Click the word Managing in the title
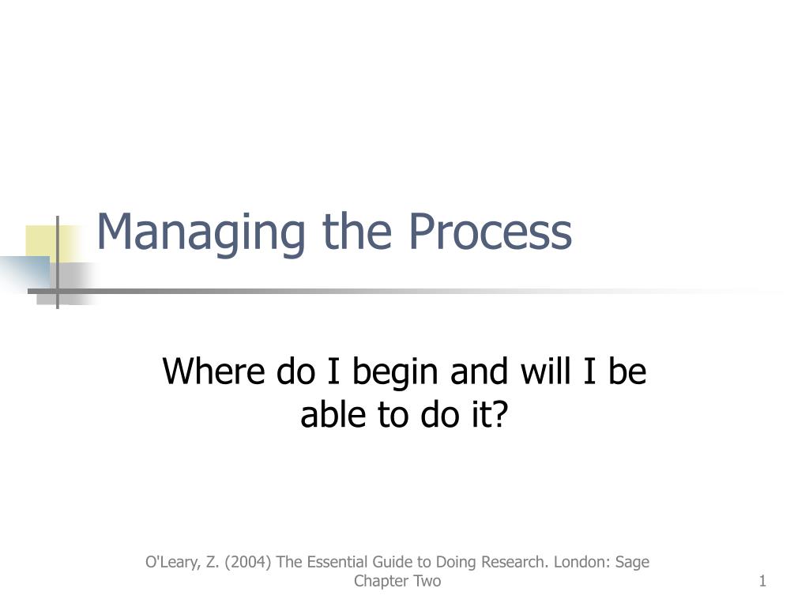click(201, 233)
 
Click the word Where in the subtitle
click(213, 371)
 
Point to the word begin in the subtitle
click(395, 373)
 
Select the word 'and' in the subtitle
click(479, 371)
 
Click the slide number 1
click(762, 581)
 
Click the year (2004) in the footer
click(247, 562)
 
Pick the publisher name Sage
click(633, 563)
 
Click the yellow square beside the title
click(41, 242)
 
